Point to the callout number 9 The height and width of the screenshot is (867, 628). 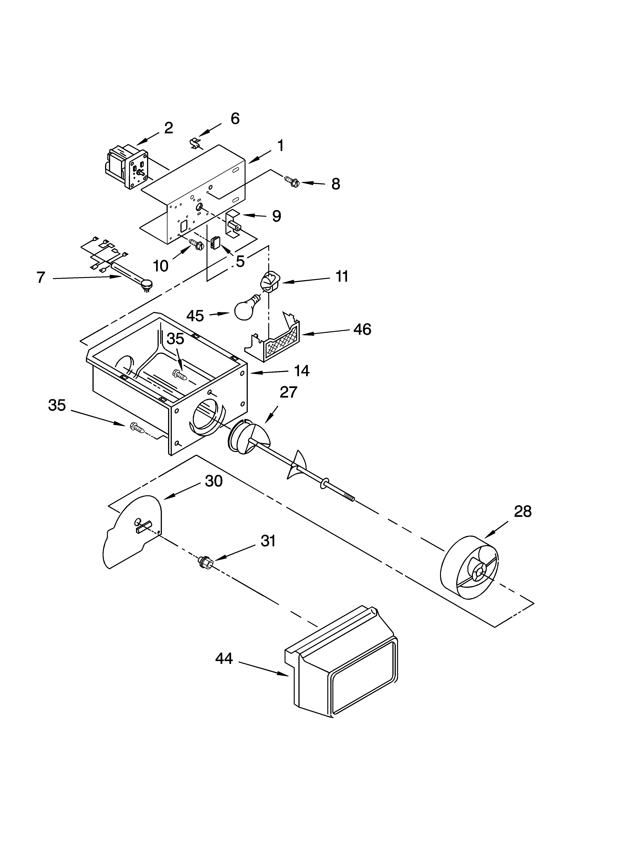(x=276, y=216)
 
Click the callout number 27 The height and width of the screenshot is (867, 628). (x=288, y=392)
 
